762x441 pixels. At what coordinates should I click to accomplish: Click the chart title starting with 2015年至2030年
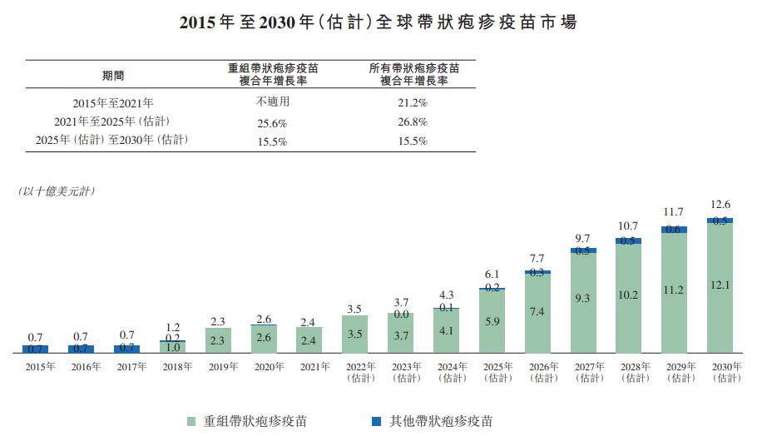[x=379, y=22]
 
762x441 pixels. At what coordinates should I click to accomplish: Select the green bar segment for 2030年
[x=720, y=287]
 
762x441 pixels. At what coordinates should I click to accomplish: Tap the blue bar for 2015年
[x=36, y=349]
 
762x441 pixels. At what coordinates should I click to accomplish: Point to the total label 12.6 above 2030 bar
[x=720, y=204]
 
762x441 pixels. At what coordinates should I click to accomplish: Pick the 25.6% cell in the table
[x=272, y=122]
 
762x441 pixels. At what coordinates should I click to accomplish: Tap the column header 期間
[x=113, y=75]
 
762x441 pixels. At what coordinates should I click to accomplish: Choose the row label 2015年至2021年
[x=112, y=102]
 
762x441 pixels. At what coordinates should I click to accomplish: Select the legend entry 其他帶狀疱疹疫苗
[x=433, y=421]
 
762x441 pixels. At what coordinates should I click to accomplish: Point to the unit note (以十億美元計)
[x=57, y=191]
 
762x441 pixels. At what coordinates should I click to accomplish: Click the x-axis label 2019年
[x=218, y=367]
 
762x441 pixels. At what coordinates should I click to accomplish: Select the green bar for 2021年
[x=309, y=339]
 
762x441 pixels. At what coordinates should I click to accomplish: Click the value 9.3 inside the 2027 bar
[x=583, y=297]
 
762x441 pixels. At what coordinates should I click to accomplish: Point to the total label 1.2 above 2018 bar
[x=172, y=327]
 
